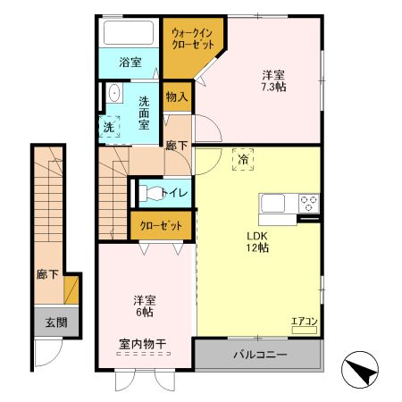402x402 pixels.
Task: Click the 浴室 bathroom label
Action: pos(130,62)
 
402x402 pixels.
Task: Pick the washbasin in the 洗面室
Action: pos(114,95)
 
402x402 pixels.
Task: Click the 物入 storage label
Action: pos(176,96)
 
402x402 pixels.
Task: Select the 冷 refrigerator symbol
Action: pos(243,159)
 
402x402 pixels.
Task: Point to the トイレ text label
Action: pos(173,192)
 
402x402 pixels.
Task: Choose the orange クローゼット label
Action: pos(161,226)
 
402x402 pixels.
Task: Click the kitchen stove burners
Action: pos(309,202)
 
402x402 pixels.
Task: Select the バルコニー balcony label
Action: pos(260,355)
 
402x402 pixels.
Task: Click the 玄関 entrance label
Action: pos(55,322)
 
